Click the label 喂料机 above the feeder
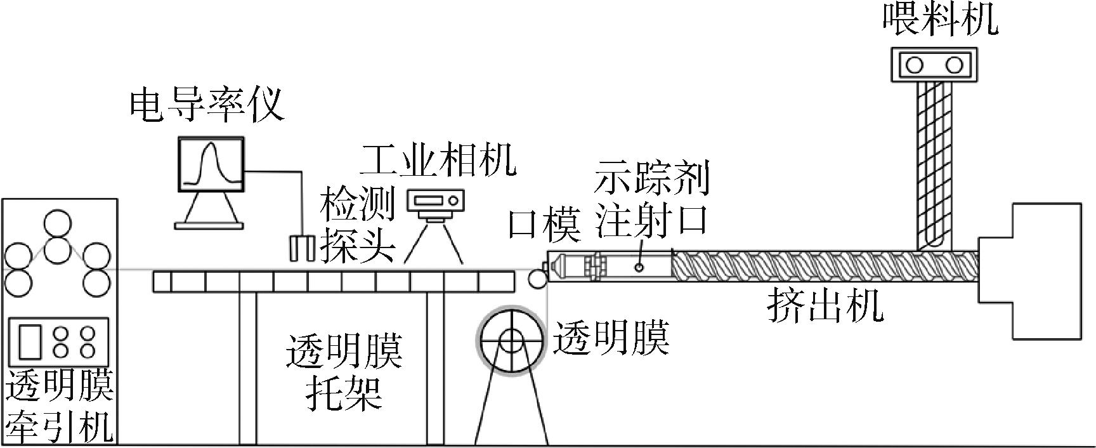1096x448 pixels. tap(941, 20)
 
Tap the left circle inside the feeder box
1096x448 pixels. tap(915, 65)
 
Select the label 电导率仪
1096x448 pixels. tap(207, 105)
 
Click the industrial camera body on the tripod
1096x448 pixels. tap(436, 202)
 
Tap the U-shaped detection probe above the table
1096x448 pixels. tap(302, 247)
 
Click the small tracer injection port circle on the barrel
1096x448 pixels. tap(639, 267)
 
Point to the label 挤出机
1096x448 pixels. tap(825, 307)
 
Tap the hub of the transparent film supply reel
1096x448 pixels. tap(511, 341)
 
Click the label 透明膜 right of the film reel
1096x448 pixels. tap(611, 338)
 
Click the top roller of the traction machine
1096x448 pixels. tap(58, 224)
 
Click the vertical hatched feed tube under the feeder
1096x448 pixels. tap(935, 165)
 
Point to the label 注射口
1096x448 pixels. tap(651, 222)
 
